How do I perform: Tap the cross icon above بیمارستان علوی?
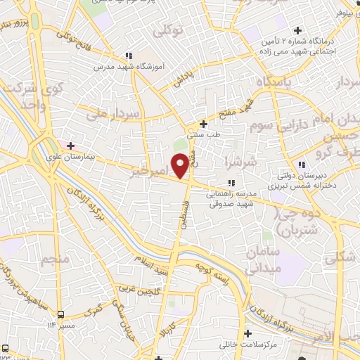point(70,145)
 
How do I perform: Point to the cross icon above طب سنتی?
point(203,124)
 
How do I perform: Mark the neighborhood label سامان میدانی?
point(264,259)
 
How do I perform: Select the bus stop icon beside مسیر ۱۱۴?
point(61,314)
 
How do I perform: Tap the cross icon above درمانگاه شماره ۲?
point(298,30)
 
